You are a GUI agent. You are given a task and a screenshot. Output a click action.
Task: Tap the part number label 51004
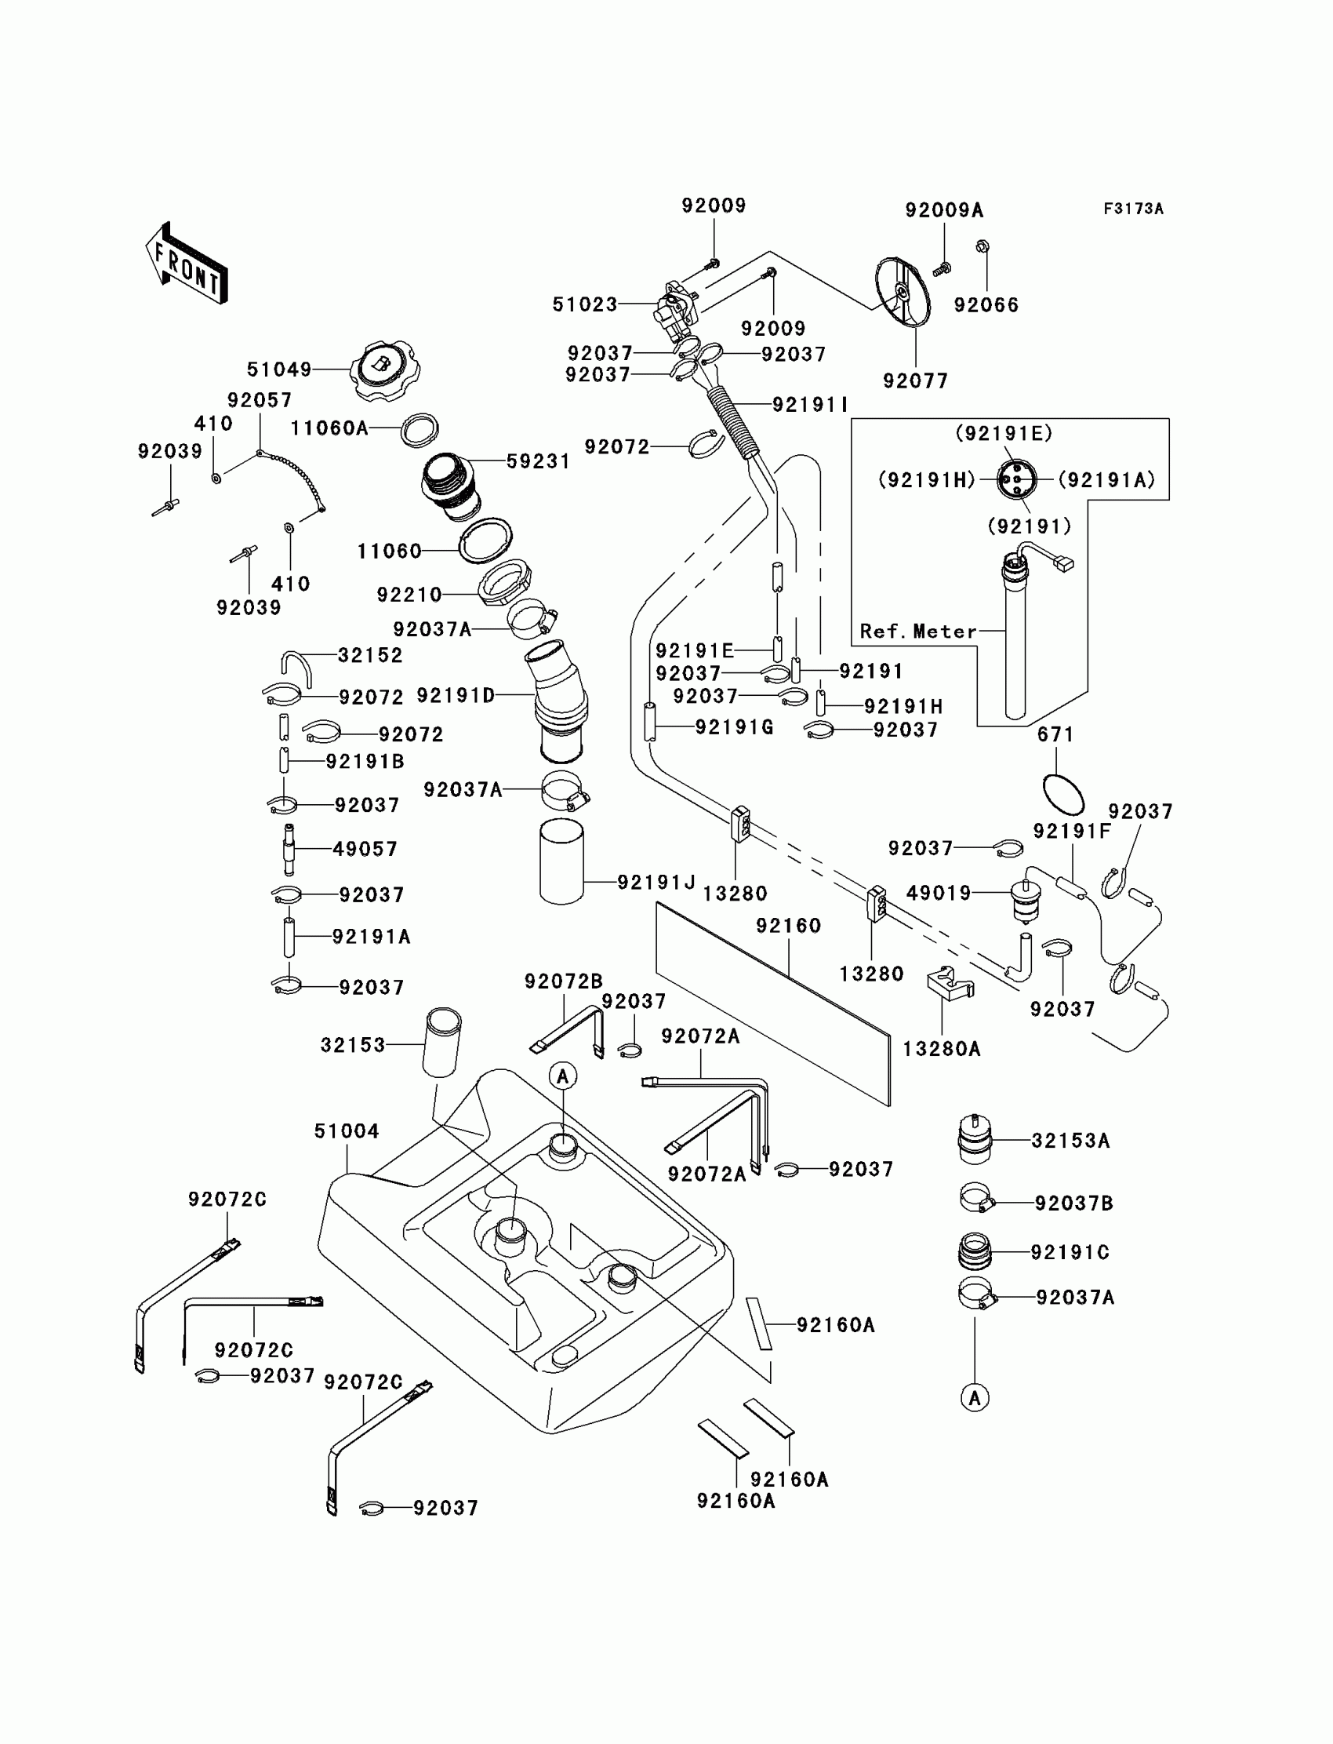(x=347, y=1131)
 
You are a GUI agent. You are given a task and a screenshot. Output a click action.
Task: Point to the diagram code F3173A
(x=1133, y=209)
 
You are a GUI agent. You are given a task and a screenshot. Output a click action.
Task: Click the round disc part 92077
(x=903, y=291)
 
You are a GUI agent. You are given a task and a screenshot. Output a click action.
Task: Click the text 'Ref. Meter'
(x=918, y=631)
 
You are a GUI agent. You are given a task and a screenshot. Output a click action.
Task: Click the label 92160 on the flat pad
(x=789, y=926)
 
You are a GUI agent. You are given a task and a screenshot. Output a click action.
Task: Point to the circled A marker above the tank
(x=563, y=1076)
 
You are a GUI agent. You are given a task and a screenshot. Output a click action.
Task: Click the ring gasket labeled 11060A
(x=420, y=430)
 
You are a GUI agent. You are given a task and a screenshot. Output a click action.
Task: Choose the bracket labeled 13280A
(x=949, y=985)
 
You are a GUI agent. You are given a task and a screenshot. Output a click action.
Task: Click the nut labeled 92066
(x=982, y=247)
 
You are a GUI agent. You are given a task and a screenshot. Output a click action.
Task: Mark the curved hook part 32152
(x=296, y=667)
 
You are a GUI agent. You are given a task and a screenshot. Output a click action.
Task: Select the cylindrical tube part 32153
(x=443, y=1042)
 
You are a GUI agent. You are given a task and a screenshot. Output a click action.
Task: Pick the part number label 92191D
(x=456, y=695)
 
